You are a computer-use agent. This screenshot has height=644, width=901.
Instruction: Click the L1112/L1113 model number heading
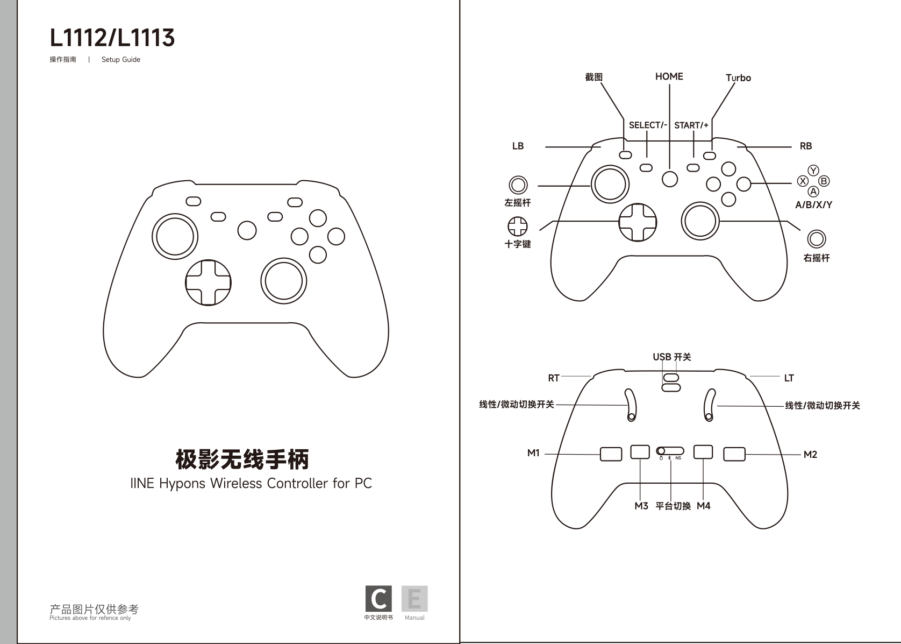(x=112, y=38)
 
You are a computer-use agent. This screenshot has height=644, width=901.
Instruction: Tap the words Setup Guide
(x=120, y=60)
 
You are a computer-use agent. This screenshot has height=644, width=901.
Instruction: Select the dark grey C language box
(x=378, y=598)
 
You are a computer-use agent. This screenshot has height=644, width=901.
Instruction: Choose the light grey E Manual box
(x=414, y=598)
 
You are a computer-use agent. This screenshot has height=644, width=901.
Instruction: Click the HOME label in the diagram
(x=669, y=76)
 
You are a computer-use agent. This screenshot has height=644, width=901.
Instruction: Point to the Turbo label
(x=738, y=77)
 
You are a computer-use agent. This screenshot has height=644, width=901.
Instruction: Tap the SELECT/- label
(x=648, y=125)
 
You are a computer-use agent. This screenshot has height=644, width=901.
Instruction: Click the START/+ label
(x=691, y=125)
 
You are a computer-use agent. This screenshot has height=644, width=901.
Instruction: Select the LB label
(x=518, y=146)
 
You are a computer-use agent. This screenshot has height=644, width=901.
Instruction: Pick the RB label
(x=806, y=146)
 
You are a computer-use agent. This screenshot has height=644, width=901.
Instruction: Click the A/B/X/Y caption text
(x=813, y=205)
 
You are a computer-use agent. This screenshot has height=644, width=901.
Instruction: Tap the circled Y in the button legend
(x=813, y=171)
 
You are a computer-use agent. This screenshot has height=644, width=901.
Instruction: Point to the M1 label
(x=533, y=453)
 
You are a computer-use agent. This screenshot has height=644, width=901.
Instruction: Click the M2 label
(x=810, y=455)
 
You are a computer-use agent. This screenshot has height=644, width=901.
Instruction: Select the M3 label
(x=641, y=506)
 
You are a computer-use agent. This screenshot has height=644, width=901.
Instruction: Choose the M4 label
(x=704, y=506)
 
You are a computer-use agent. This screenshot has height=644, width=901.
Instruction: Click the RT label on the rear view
(x=554, y=378)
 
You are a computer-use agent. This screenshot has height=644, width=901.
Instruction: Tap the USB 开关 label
(x=672, y=357)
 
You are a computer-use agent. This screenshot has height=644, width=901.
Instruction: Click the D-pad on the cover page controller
(x=208, y=282)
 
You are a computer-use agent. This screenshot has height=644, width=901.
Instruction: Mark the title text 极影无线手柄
(x=242, y=459)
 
